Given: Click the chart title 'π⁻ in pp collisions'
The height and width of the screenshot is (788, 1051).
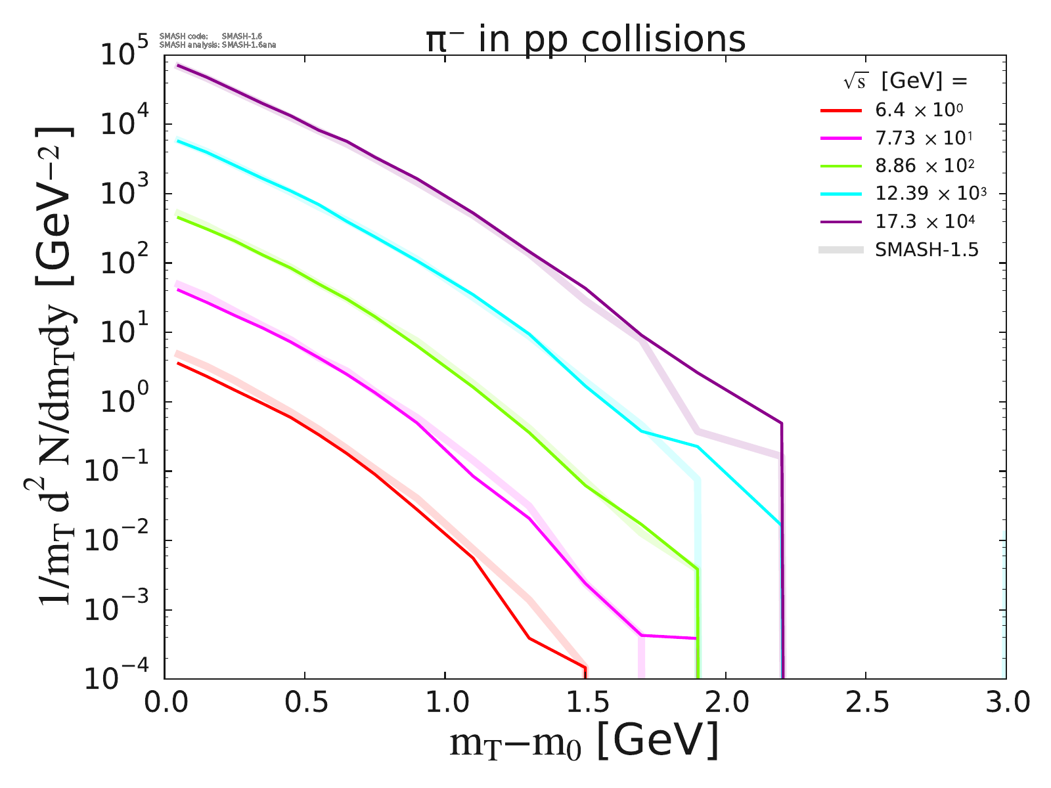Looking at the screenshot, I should [585, 39].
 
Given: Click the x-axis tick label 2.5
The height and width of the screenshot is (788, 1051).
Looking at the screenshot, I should [865, 703].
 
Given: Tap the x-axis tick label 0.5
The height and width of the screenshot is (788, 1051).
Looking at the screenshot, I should [305, 703].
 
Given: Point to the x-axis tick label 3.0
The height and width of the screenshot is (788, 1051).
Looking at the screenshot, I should [1005, 703].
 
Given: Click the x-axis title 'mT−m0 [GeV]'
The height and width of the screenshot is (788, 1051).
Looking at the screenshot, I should [585, 742].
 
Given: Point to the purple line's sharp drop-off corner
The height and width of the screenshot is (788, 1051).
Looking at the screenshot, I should [781, 424].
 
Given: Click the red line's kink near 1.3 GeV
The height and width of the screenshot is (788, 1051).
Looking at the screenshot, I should [529, 638].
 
